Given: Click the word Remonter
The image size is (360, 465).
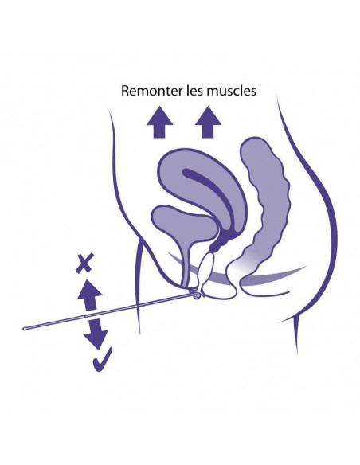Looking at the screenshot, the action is click(x=152, y=91).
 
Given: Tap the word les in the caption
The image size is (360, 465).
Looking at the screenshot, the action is click(x=195, y=91).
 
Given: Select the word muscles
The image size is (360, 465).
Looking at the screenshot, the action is click(x=232, y=91).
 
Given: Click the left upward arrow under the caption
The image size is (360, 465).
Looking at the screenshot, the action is click(x=159, y=122).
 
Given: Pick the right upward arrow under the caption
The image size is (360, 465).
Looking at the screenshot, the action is click(x=208, y=122).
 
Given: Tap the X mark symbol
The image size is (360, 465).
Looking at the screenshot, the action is click(x=85, y=263).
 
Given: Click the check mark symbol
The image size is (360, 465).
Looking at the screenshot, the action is click(x=103, y=359).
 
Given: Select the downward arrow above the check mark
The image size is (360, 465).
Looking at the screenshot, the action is click(x=96, y=333).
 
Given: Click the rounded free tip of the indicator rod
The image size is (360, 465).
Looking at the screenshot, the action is click(x=25, y=328).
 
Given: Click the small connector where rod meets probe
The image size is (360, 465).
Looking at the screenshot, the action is click(x=196, y=295).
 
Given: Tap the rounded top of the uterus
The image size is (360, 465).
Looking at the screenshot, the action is click(x=190, y=150).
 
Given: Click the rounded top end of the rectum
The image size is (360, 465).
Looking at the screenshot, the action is click(x=255, y=139).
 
